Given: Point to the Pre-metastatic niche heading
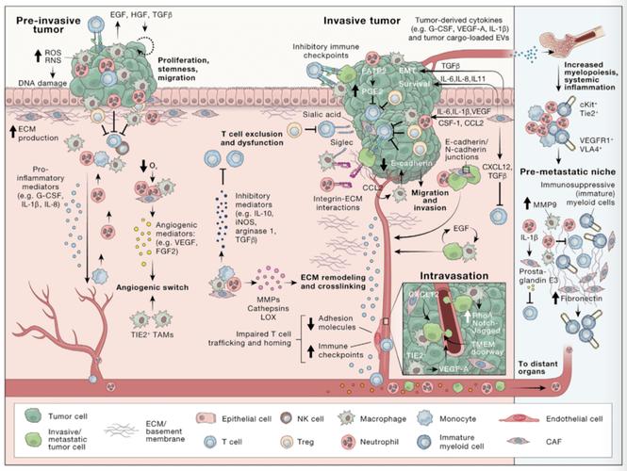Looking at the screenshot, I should click(573, 173).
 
